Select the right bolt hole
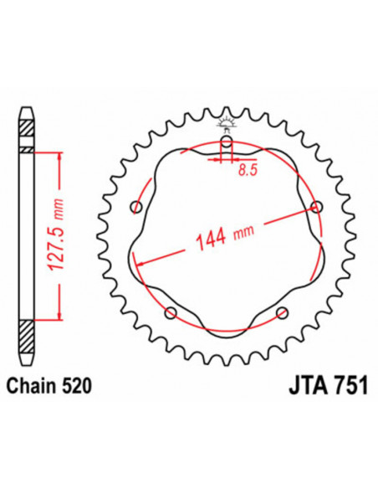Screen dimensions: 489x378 315,206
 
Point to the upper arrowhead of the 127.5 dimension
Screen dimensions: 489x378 59,157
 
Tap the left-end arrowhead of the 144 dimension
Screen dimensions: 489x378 139,262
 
